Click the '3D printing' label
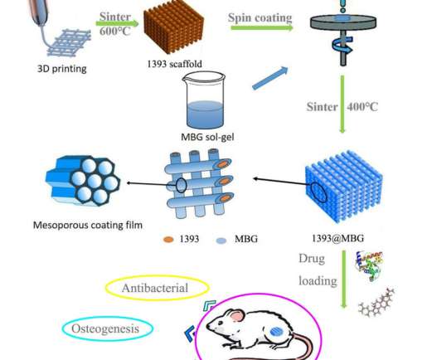[x=62, y=69]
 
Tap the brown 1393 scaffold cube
[x=174, y=27]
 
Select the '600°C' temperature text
[x=114, y=32]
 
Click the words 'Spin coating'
[x=260, y=17]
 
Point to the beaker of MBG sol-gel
[x=204, y=100]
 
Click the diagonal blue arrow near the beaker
[x=270, y=78]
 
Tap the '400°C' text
[x=362, y=107]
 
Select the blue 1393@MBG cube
[x=343, y=186]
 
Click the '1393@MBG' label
[x=337, y=238]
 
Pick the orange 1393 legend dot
[x=168, y=240]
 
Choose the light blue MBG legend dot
[x=221, y=241]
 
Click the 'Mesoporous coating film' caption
[x=88, y=225]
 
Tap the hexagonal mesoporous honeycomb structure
[x=83, y=181]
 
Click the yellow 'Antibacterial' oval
[x=157, y=288]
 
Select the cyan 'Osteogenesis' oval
[x=108, y=328]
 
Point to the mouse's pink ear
[x=236, y=316]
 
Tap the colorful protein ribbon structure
[x=369, y=265]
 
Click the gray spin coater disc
[x=343, y=22]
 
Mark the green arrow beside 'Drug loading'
[x=344, y=279]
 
